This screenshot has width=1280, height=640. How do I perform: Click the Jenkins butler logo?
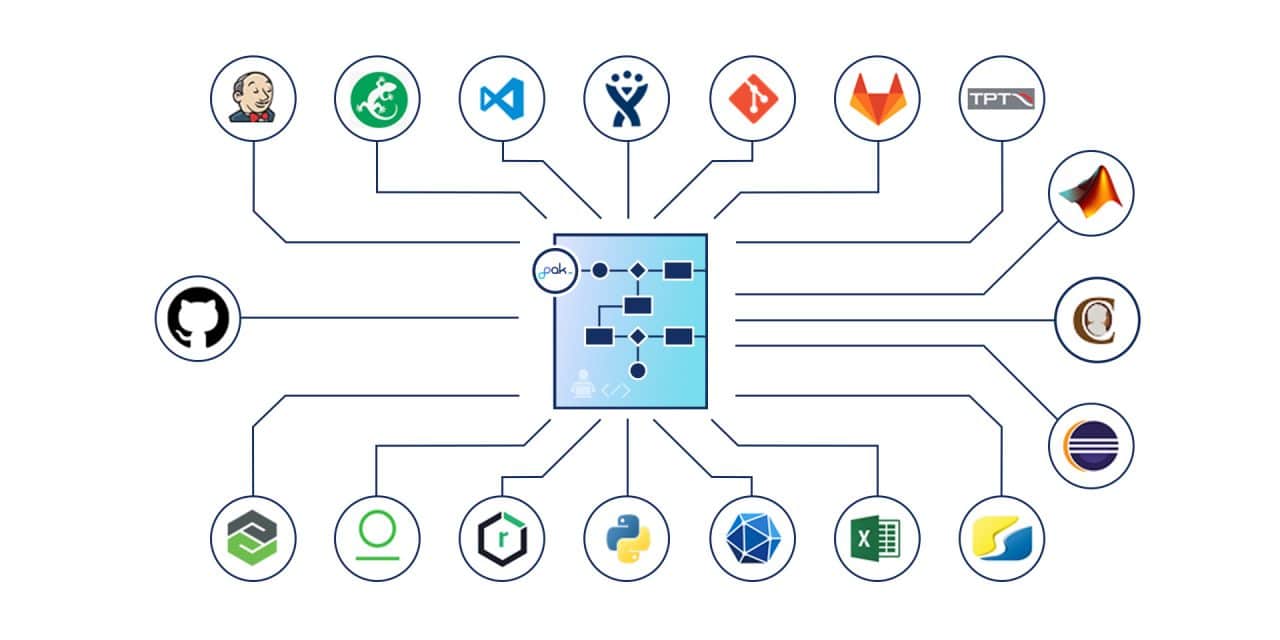pyautogui.click(x=252, y=97)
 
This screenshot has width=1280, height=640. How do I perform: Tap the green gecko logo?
pyautogui.click(x=377, y=97)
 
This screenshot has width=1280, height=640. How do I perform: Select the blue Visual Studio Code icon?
pyautogui.click(x=501, y=97)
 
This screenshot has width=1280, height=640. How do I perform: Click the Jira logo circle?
pyautogui.click(x=627, y=97)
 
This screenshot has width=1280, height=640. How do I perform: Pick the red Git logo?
pyautogui.click(x=752, y=97)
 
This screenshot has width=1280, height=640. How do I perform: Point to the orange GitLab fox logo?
pyautogui.click(x=877, y=97)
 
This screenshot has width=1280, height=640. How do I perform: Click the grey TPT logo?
pyautogui.click(x=1002, y=98)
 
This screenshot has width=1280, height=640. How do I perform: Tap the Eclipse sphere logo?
pyautogui.click(x=1092, y=445)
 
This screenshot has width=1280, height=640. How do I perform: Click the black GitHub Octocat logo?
pyautogui.click(x=198, y=318)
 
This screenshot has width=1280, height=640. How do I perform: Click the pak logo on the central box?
pyautogui.click(x=556, y=270)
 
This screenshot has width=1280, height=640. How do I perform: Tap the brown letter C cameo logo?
pyautogui.click(x=1097, y=319)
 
